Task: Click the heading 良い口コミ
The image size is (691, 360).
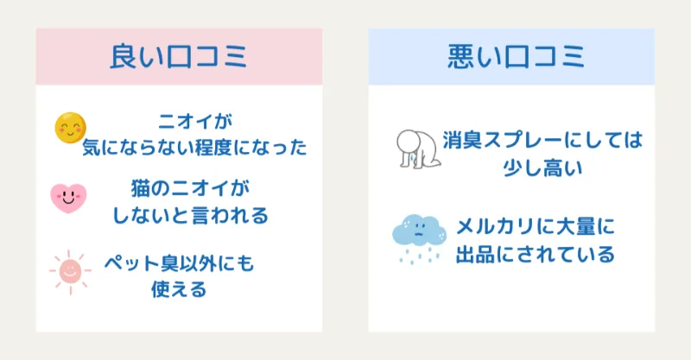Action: coord(179,56)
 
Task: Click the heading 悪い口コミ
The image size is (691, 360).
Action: coord(516,56)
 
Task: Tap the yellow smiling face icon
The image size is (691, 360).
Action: coord(71,128)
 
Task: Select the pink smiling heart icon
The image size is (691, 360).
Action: coord(68,198)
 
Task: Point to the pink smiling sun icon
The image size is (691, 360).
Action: coord(71,272)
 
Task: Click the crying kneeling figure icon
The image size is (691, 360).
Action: coord(418,149)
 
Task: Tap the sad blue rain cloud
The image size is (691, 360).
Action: coord(419,239)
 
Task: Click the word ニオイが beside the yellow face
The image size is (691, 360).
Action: coord(195,121)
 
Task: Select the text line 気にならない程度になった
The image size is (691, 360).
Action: coord(194,147)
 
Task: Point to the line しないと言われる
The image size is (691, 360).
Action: coord(190,216)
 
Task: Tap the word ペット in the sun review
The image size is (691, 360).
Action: coord(131,263)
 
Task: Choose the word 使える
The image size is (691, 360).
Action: coord(179,289)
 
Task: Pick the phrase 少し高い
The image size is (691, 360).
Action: coord(542,167)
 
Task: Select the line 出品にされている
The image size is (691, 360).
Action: coord(535,255)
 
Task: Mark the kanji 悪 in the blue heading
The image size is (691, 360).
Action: coord(460,56)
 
